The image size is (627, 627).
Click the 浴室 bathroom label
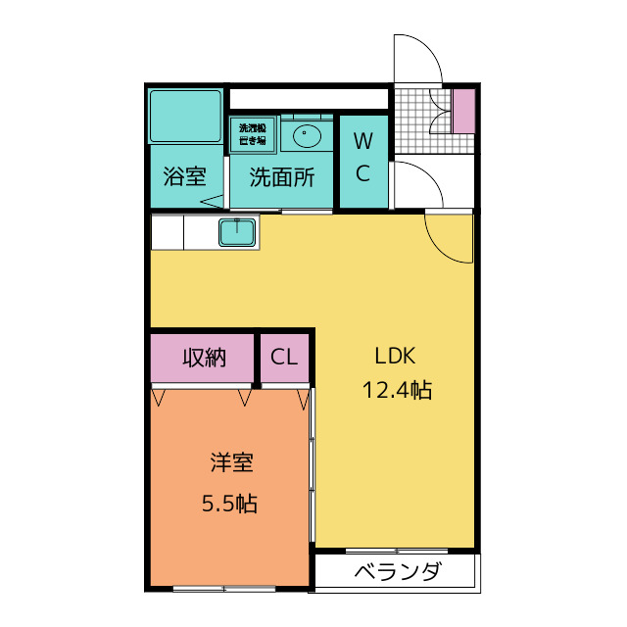click(x=184, y=177)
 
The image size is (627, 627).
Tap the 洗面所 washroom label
click(x=281, y=177)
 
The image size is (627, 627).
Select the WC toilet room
click(x=362, y=159)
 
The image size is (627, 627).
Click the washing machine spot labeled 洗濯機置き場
click(x=253, y=133)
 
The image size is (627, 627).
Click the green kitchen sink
click(x=237, y=233)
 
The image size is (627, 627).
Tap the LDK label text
click(x=397, y=355)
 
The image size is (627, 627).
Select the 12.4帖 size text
click(x=397, y=390)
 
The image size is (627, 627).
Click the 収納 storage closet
click(x=204, y=358)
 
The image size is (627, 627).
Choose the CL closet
click(x=284, y=358)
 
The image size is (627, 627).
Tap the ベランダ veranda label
click(x=397, y=573)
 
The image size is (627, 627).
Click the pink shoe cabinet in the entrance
click(x=463, y=110)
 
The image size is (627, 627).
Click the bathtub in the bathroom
click(x=184, y=116)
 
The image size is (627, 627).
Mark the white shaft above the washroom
click(x=309, y=98)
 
